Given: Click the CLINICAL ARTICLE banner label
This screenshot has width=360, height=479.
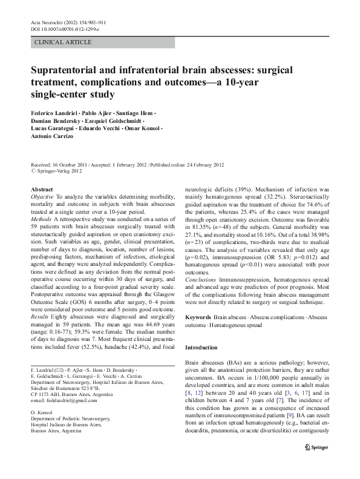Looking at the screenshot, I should [x=64, y=42].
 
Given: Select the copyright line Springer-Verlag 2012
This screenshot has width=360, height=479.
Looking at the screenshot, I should [x=59, y=171].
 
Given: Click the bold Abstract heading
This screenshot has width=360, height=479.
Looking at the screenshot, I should [x=42, y=190].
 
